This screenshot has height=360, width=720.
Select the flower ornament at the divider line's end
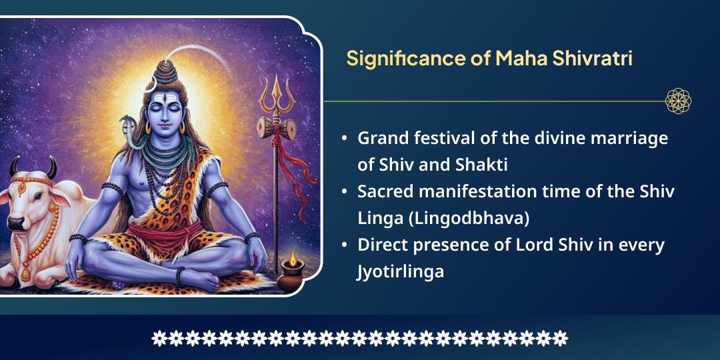(x=678, y=101)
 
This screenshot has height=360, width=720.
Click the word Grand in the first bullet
(x=379, y=139)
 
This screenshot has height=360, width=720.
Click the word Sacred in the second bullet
(x=382, y=192)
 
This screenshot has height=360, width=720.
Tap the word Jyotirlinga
(x=401, y=272)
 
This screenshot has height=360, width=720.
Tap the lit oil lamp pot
(x=291, y=273)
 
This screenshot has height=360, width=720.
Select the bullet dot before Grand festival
(x=344, y=139)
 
